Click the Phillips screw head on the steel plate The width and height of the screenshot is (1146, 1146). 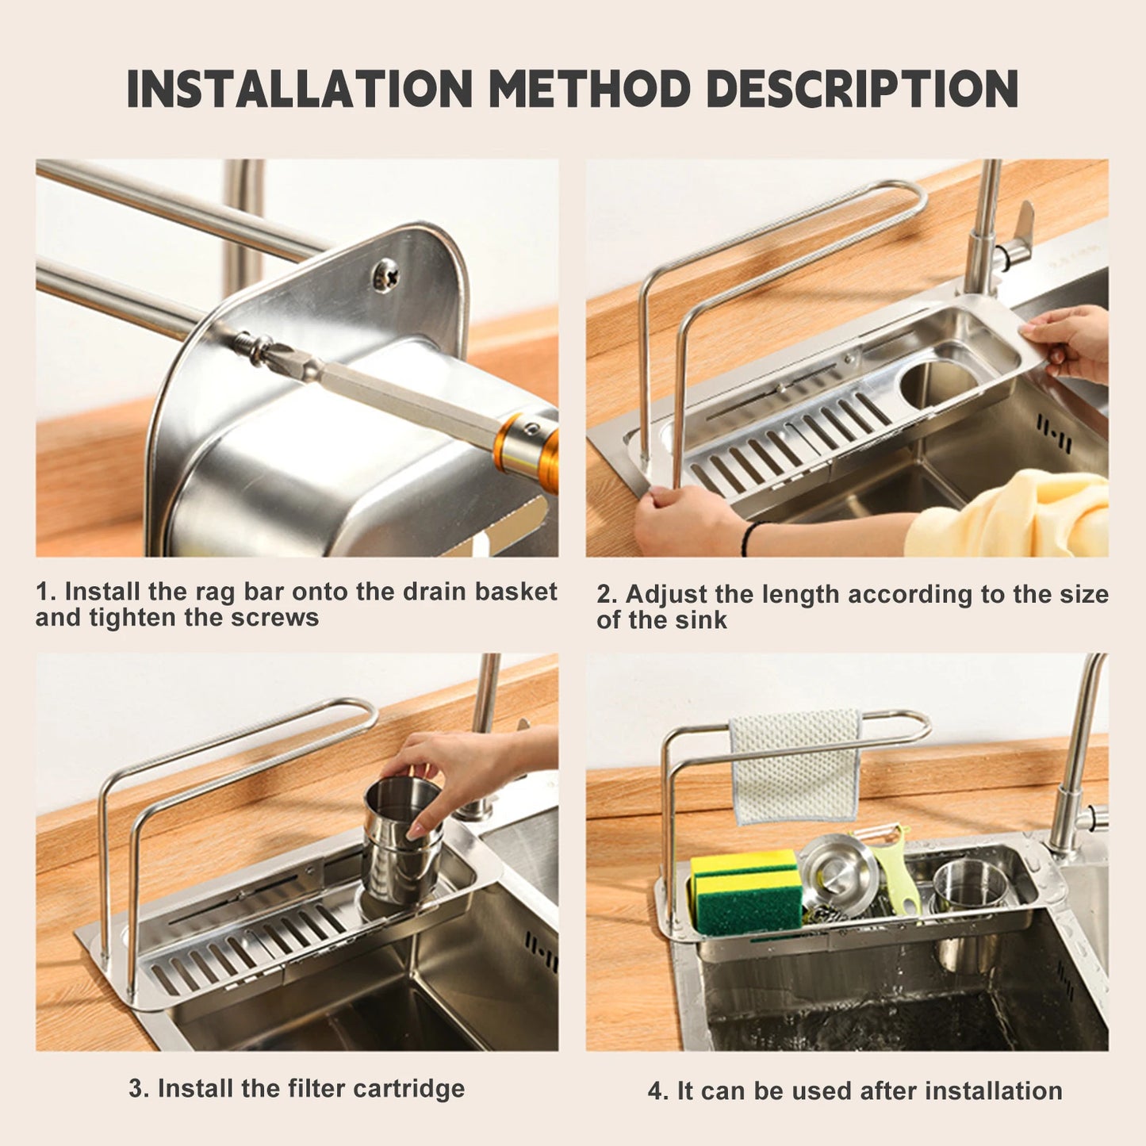click(x=385, y=274)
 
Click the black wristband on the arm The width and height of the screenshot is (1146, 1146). click(x=747, y=538)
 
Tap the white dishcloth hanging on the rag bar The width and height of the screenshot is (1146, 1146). click(x=795, y=765)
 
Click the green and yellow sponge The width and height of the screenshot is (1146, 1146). click(x=745, y=892)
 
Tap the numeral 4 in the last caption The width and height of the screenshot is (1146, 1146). click(x=655, y=1091)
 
